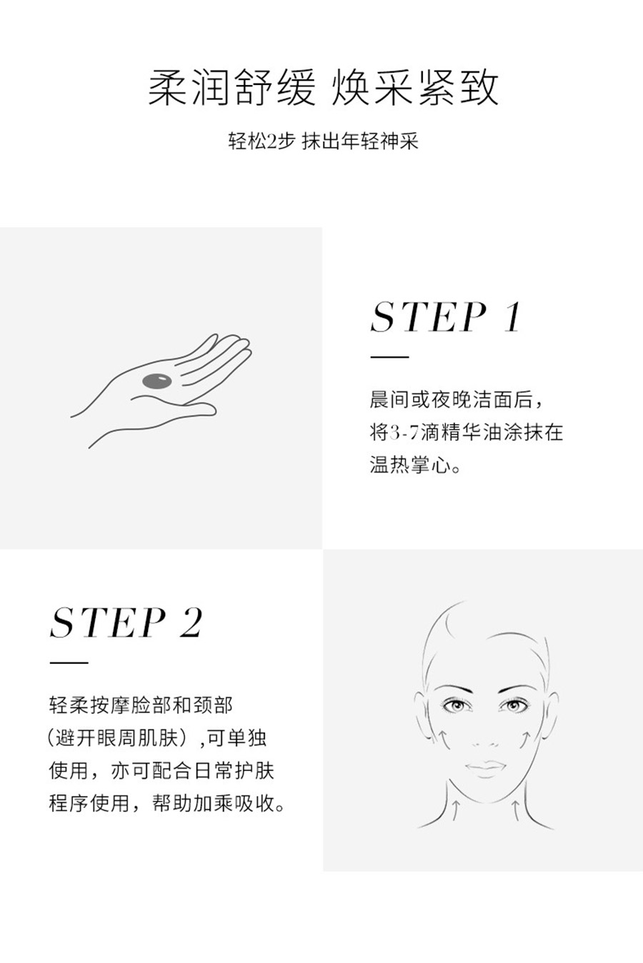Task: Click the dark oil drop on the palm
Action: pyautogui.click(x=156, y=381)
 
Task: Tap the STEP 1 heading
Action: pyautogui.click(x=446, y=317)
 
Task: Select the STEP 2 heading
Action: pyautogui.click(x=126, y=622)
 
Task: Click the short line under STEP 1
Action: pyautogui.click(x=389, y=357)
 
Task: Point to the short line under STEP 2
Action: pyautogui.click(x=69, y=662)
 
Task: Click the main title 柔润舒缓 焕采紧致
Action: pyautogui.click(x=323, y=88)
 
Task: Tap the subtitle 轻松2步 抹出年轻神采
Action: pyautogui.click(x=323, y=141)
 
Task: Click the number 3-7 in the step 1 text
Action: pyautogui.click(x=404, y=432)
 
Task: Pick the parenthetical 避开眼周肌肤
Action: pyautogui.click(x=116, y=738)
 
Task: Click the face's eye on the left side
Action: pyautogui.click(x=455, y=705)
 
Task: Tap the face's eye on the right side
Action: pyautogui.click(x=513, y=705)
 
